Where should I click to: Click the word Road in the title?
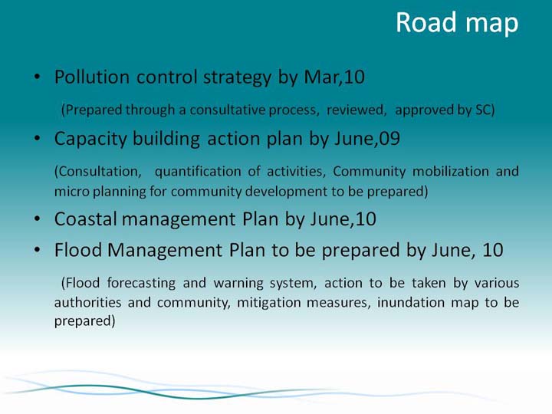426,22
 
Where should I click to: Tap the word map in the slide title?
491,25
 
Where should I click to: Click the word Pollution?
92,77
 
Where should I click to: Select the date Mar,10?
334,77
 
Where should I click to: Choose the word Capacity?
90,139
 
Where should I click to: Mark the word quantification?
198,172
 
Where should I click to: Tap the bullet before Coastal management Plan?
38,219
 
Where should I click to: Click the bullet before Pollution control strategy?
38,77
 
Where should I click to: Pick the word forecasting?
141,284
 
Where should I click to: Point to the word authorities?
87,302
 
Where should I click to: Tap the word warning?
238,284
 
